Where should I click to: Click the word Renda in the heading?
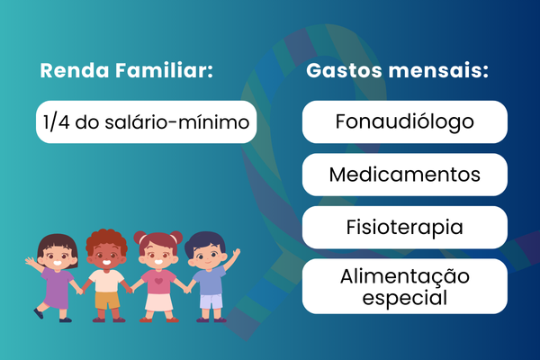pos(75,70)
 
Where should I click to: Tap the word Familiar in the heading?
pos(165,70)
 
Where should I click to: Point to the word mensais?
pos(438,70)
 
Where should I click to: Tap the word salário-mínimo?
pos(177,122)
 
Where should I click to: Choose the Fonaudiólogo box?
pos(405,122)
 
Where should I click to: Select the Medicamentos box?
pos(405,175)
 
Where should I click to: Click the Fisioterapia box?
pos(405,228)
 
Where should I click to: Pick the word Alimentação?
pos(405,276)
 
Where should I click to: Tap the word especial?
pos(405,298)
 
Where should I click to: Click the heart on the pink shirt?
pos(158,281)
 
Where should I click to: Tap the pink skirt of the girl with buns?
pos(158,302)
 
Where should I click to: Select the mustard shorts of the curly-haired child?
pos(107,300)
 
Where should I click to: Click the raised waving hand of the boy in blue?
pos(236,253)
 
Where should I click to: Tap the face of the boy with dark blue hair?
pos(207,256)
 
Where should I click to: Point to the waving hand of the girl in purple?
pos(30,262)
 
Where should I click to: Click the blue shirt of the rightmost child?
pos(210,282)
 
